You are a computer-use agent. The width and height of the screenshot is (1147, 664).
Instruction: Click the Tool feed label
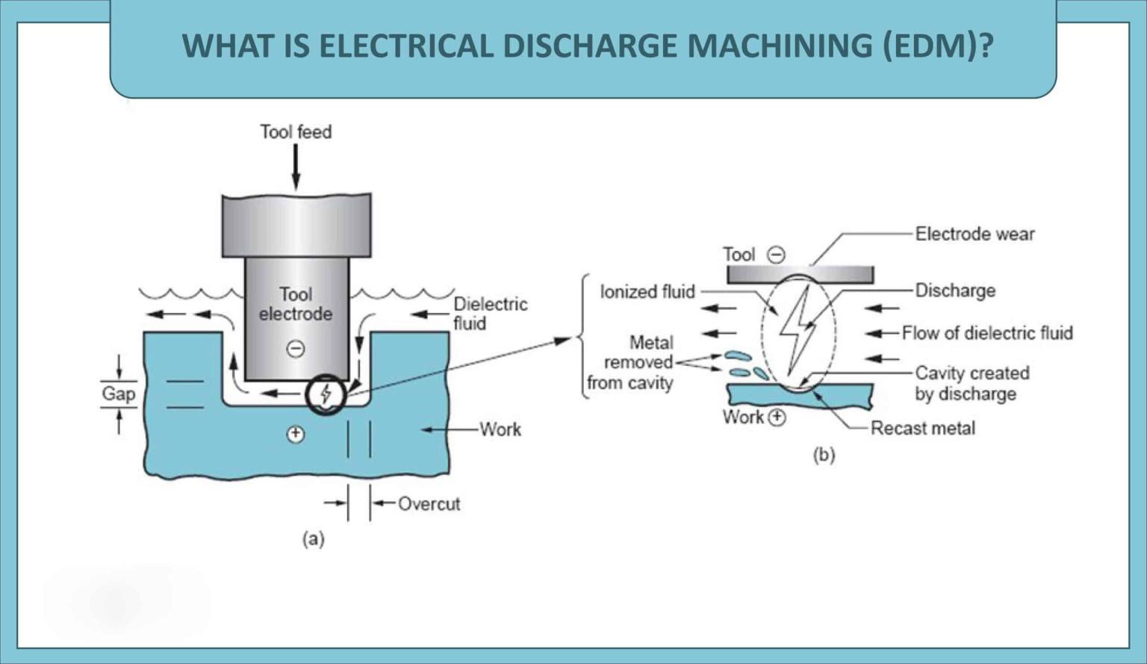coord(296,132)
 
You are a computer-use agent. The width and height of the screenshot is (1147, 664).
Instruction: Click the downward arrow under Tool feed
coord(296,167)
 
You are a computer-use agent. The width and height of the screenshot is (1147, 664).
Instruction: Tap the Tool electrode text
coord(296,304)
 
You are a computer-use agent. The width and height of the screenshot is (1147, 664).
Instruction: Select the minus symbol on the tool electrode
coord(296,348)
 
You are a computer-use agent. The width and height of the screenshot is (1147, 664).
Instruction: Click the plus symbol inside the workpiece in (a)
coord(296,434)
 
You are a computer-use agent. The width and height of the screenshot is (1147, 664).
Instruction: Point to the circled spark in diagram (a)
coord(326,394)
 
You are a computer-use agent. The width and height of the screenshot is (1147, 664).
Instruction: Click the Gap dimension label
coord(119,394)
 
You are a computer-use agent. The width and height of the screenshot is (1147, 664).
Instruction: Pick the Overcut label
coord(429,503)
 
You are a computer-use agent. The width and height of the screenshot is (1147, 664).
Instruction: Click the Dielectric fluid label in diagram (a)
coord(490,314)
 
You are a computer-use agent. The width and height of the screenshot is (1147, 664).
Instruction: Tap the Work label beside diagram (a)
coord(500,429)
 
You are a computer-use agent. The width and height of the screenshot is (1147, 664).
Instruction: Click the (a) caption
coord(313,539)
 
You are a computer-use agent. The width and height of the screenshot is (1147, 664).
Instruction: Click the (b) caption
coord(824,454)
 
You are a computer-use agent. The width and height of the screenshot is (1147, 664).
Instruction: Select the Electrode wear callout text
coord(975,234)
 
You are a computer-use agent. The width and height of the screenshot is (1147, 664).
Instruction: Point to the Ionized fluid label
coord(647,291)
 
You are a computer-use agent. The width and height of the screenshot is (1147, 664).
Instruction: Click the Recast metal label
coord(922,428)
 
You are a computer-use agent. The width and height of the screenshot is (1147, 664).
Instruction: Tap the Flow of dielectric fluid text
coord(986,332)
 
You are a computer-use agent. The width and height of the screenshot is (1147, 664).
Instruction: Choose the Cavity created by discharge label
coord(972,383)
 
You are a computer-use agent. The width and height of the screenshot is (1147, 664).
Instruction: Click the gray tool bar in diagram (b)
coord(801,275)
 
